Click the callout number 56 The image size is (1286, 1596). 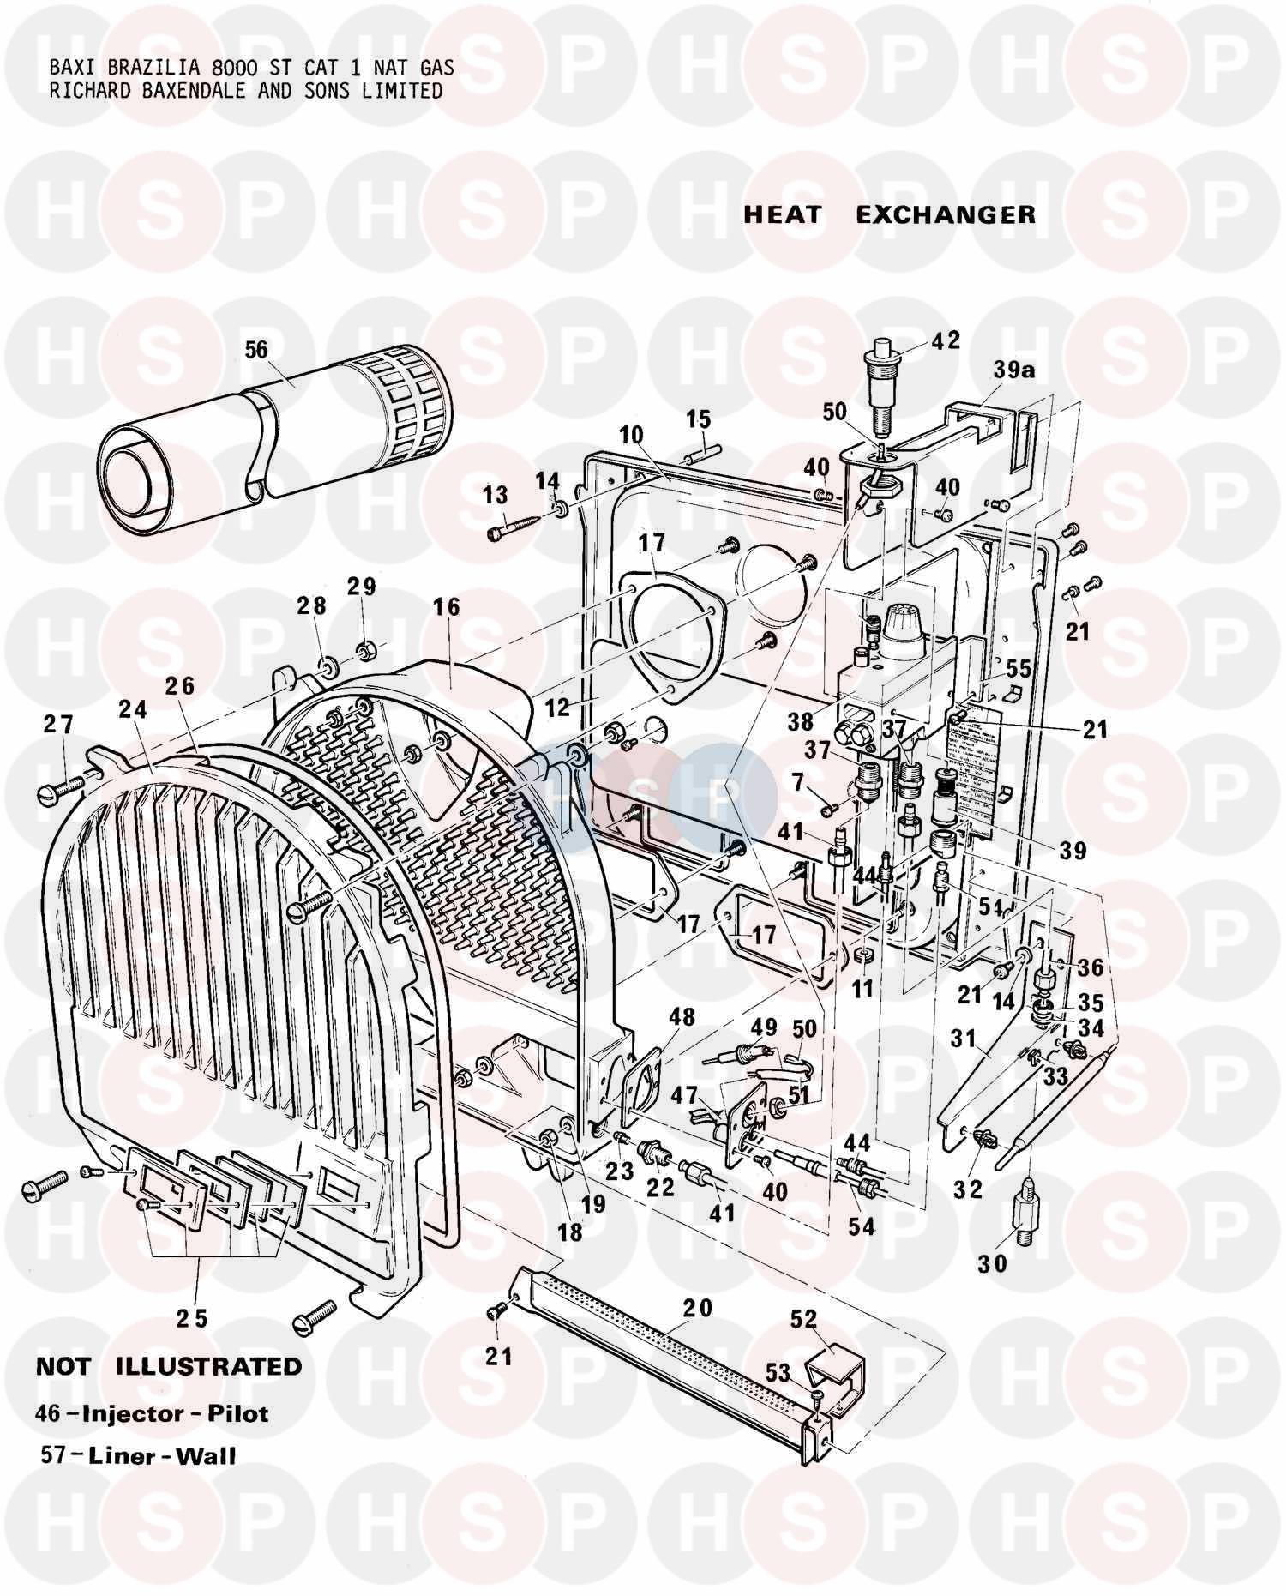(x=256, y=350)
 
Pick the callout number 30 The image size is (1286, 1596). (x=991, y=1262)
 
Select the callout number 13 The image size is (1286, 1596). (x=495, y=495)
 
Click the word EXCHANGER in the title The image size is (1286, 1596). (x=946, y=214)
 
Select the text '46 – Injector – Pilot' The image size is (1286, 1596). (x=153, y=1413)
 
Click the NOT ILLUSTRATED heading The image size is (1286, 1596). (x=169, y=1366)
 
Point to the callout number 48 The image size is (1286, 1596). (x=682, y=1017)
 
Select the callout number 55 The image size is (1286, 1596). (x=1018, y=668)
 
